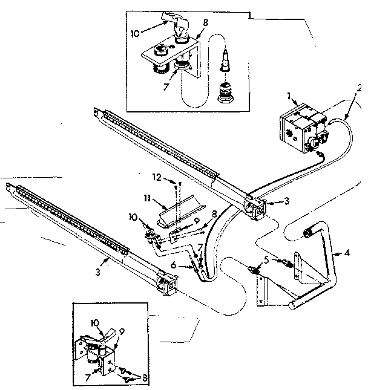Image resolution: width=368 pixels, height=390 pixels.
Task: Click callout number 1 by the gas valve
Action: click(289, 96)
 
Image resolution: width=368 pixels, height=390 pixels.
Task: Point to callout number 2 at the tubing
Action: click(359, 88)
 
